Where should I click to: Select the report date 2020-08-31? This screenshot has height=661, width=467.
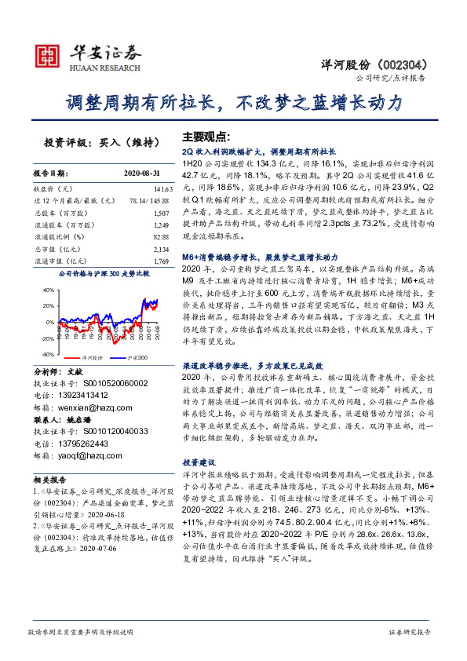pyautogui.click(x=142, y=173)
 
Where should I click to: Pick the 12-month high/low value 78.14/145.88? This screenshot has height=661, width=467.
pyautogui.click(x=149, y=201)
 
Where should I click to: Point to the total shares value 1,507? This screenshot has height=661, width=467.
pyautogui.click(x=162, y=213)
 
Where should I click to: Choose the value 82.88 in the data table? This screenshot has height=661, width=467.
pyautogui.click(x=162, y=236)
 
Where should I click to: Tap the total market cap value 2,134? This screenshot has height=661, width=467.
pyautogui.click(x=162, y=248)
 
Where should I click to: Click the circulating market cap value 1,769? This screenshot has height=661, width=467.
pyautogui.click(x=162, y=260)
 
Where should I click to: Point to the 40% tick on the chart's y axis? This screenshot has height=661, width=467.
pyautogui.click(x=46, y=290)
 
